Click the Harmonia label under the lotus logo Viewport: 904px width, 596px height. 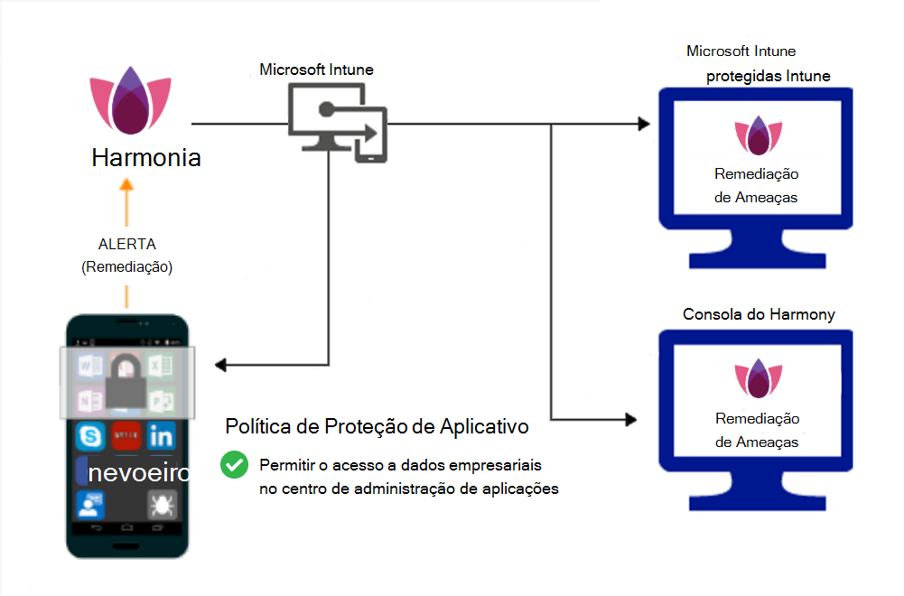pyautogui.click(x=146, y=157)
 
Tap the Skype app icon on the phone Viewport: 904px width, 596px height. pyautogui.click(x=90, y=437)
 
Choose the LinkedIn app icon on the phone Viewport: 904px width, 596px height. pyautogui.click(x=162, y=437)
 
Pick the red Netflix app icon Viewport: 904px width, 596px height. pyautogui.click(x=126, y=437)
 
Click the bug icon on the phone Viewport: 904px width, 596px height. pyautogui.click(x=162, y=504)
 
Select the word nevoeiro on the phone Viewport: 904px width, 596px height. pyautogui.click(x=139, y=472)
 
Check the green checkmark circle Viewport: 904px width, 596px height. pyautogui.click(x=234, y=465)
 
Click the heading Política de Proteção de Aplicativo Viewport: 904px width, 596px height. pyautogui.click(x=377, y=425)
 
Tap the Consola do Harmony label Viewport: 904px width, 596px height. pyautogui.click(x=759, y=314)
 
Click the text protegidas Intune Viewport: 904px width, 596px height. pyautogui.click(x=769, y=76)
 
